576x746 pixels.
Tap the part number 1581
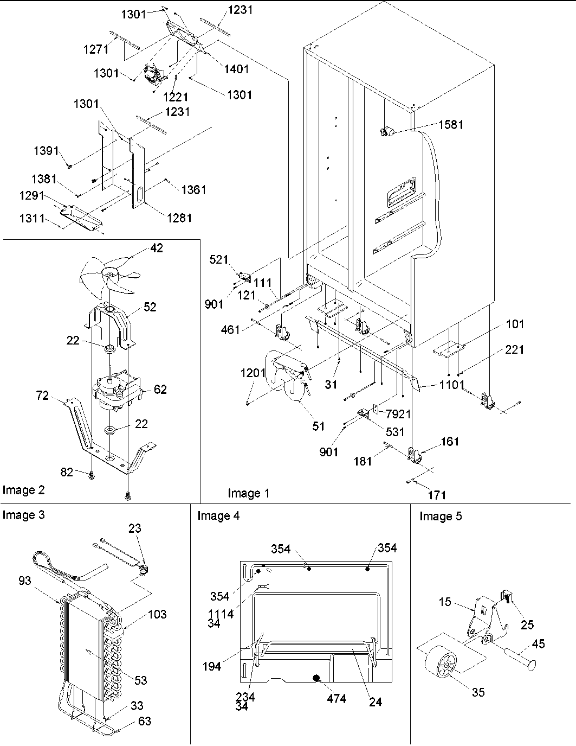pyautogui.click(x=451, y=125)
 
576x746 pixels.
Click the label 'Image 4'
pyautogui.click(x=218, y=516)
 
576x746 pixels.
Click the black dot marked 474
pyautogui.click(x=316, y=678)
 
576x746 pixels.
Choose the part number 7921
pyautogui.click(x=398, y=414)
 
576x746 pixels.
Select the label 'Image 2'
pyautogui.click(x=23, y=490)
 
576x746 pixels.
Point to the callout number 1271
pyautogui.click(x=96, y=49)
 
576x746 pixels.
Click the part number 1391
pyautogui.click(x=46, y=151)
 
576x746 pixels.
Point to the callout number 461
pyautogui.click(x=231, y=329)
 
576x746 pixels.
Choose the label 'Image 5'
pyautogui.click(x=441, y=516)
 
